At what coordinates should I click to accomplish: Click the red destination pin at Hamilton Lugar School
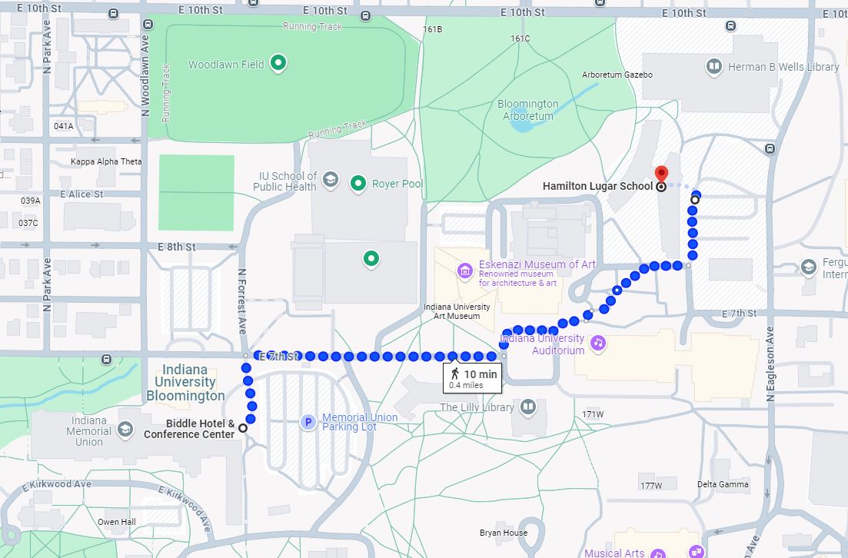(x=660, y=174)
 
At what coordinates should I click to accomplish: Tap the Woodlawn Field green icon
(x=278, y=64)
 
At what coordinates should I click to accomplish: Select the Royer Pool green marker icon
(x=357, y=183)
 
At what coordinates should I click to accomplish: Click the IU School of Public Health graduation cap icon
(x=330, y=180)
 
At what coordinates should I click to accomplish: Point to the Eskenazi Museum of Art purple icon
(x=464, y=270)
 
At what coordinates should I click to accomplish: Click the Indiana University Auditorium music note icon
(x=599, y=343)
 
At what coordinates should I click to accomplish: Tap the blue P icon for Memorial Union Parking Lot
(x=308, y=422)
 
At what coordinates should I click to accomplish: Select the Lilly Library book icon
(x=528, y=407)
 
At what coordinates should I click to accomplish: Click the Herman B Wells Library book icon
(x=714, y=67)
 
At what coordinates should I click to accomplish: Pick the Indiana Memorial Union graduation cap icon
(x=125, y=430)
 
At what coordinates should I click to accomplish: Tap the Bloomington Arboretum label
(x=527, y=110)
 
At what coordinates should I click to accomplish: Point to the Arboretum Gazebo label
(x=617, y=75)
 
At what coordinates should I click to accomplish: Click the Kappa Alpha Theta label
(x=106, y=161)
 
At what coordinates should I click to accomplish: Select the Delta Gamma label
(x=723, y=484)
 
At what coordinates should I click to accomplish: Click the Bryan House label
(x=503, y=533)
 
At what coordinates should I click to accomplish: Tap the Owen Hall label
(x=116, y=522)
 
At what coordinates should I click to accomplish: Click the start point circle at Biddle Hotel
(x=243, y=428)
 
